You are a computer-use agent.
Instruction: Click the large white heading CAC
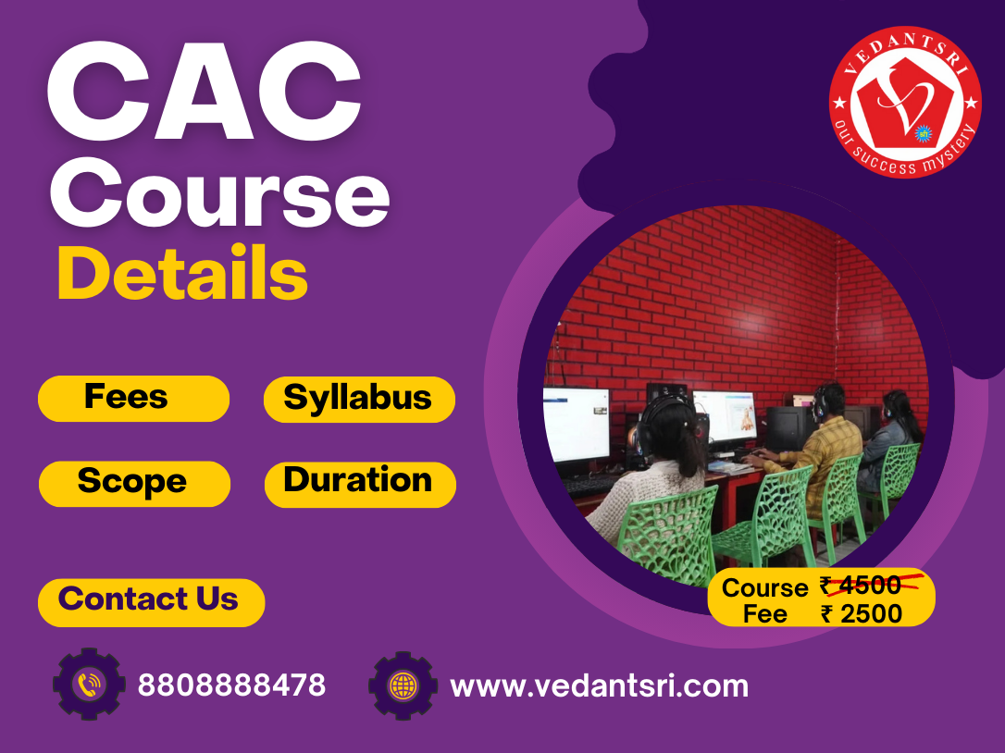point(204,94)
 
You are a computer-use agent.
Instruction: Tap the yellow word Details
point(182,272)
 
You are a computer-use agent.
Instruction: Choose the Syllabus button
point(359,399)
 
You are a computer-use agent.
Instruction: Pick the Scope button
point(133,483)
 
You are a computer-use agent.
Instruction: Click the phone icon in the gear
point(89,685)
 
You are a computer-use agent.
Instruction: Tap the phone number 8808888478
point(231,685)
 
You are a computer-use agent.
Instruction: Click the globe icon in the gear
point(403,685)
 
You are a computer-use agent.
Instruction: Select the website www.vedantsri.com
point(599,686)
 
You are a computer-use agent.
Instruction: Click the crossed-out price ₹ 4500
point(861,586)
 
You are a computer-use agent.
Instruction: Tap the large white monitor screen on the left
point(576,425)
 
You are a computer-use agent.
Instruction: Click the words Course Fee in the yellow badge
point(764,600)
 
